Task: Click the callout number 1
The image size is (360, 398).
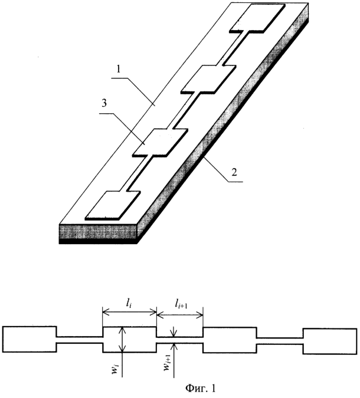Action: coord(119,70)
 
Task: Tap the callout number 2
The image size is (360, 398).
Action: coord(234,172)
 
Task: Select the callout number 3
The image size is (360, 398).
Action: coord(104,104)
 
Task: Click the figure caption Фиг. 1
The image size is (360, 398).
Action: coord(200,388)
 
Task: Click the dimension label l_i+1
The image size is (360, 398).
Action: coord(181,304)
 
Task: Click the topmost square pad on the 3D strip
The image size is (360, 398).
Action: coord(257,18)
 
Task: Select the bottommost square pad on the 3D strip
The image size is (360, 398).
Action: coord(113,205)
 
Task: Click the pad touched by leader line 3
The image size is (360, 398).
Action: coord(161,143)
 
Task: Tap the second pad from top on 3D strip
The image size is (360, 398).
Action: coord(208,80)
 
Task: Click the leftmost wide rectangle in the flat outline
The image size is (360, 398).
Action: coord(30,339)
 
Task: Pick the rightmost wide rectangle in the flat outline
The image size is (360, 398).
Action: coord(330,341)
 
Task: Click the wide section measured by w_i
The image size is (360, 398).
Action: coord(129,340)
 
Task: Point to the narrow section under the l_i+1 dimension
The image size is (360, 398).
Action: coord(179,340)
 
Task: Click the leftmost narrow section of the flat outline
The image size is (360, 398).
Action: coord(80,340)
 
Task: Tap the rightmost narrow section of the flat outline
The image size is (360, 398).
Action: coord(280,341)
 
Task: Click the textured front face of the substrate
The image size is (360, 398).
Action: coord(99,232)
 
